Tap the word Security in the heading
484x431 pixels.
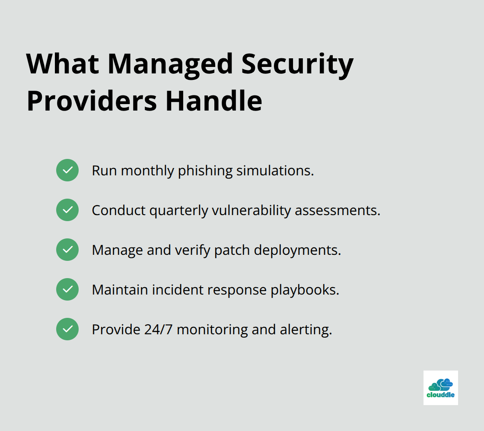click(x=297, y=64)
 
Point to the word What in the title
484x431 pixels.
click(x=62, y=64)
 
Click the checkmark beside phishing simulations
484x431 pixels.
click(x=67, y=170)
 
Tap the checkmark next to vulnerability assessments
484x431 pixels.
click(x=67, y=210)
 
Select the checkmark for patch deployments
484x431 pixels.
click(x=67, y=250)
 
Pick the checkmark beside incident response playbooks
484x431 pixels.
click(x=67, y=289)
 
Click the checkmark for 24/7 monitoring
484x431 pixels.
click(x=67, y=329)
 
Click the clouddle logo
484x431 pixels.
click(x=440, y=387)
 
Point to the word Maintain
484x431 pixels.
click(x=120, y=290)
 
